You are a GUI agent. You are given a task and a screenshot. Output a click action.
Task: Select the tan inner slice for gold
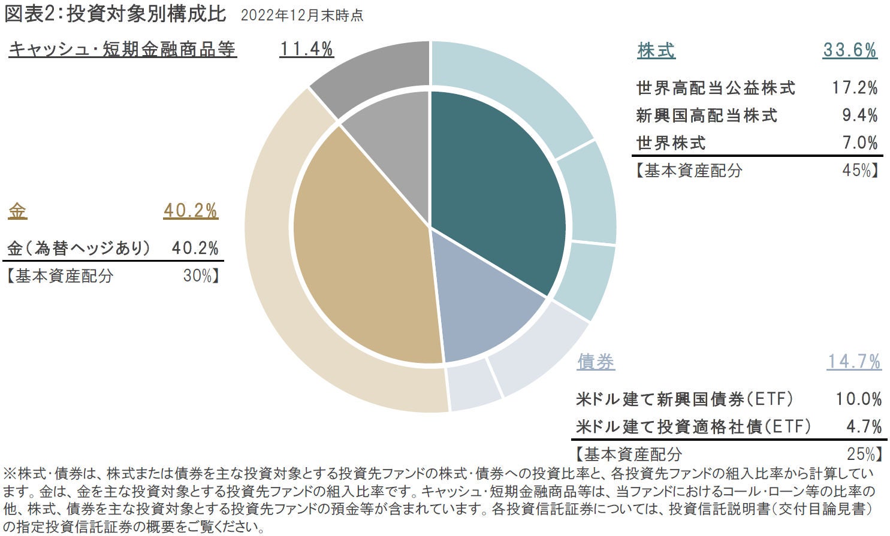click(x=360, y=252)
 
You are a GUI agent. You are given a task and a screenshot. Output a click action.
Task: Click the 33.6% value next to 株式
click(x=849, y=50)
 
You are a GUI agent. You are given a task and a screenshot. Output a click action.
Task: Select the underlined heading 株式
click(x=656, y=50)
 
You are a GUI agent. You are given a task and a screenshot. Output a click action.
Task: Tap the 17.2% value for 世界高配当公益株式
click(x=855, y=88)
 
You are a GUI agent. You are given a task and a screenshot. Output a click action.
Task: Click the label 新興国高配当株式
click(x=707, y=116)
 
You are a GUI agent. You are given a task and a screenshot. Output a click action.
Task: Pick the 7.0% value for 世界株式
click(x=859, y=143)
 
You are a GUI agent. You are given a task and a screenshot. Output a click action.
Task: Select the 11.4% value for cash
click(x=306, y=49)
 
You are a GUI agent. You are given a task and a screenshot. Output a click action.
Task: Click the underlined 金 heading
click(x=18, y=211)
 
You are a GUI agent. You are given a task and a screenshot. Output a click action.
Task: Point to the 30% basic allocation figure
click(x=197, y=275)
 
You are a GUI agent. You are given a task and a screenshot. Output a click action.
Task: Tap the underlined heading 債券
click(x=596, y=362)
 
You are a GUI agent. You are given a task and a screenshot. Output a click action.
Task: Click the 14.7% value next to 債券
click(x=854, y=362)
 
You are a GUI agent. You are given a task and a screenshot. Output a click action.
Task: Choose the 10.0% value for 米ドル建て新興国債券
click(x=859, y=399)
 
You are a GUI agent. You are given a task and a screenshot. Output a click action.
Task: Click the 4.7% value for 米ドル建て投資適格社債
click(x=864, y=426)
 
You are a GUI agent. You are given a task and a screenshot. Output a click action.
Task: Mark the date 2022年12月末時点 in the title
click(x=301, y=16)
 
